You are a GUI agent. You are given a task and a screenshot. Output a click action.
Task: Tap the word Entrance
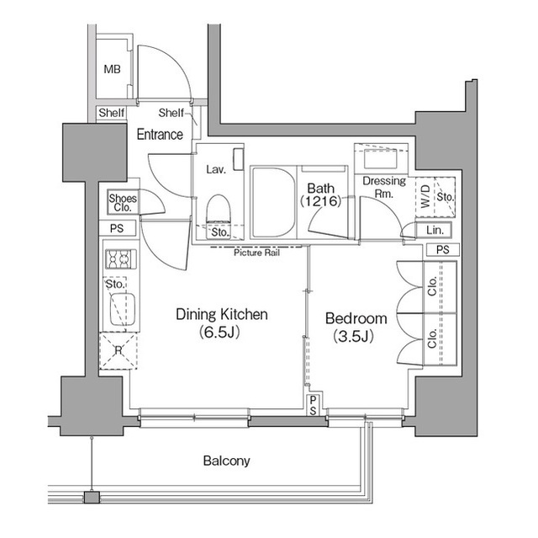160,135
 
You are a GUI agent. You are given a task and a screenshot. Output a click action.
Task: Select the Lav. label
215,169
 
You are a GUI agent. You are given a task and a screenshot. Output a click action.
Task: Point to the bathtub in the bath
271,203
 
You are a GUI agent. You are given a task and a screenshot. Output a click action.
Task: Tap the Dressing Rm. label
384,187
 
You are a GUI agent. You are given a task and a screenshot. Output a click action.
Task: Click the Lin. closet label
434,230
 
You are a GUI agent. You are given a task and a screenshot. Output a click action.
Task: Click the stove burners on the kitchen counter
116,259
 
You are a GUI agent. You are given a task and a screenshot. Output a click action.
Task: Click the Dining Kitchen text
221,315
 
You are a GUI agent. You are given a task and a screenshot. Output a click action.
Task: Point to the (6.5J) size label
221,333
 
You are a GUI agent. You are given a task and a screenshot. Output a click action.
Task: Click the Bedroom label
356,319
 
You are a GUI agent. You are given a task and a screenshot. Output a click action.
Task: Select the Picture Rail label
256,253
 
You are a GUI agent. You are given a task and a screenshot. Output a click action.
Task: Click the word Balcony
226,461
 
